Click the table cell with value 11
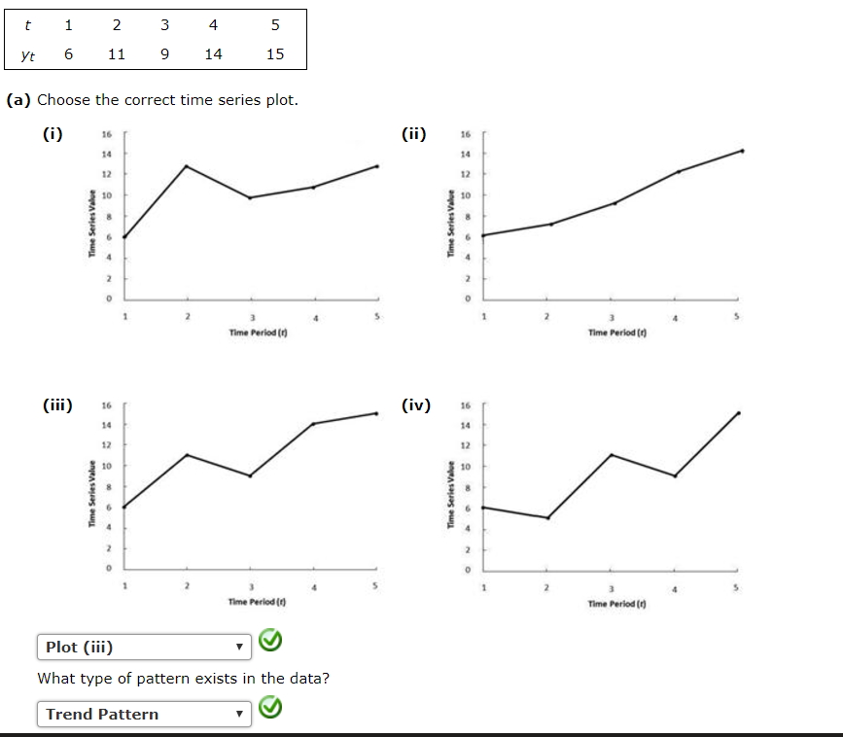116,54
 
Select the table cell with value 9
163,54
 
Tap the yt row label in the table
28,55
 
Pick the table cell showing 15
274,54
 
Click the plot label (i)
53,135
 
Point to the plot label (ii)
414,135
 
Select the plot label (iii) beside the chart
56,405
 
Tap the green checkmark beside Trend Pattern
272,711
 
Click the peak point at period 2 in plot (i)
187,166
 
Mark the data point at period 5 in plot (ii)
742,151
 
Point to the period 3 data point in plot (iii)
251,475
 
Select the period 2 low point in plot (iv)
548,517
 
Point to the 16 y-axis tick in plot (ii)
466,135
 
